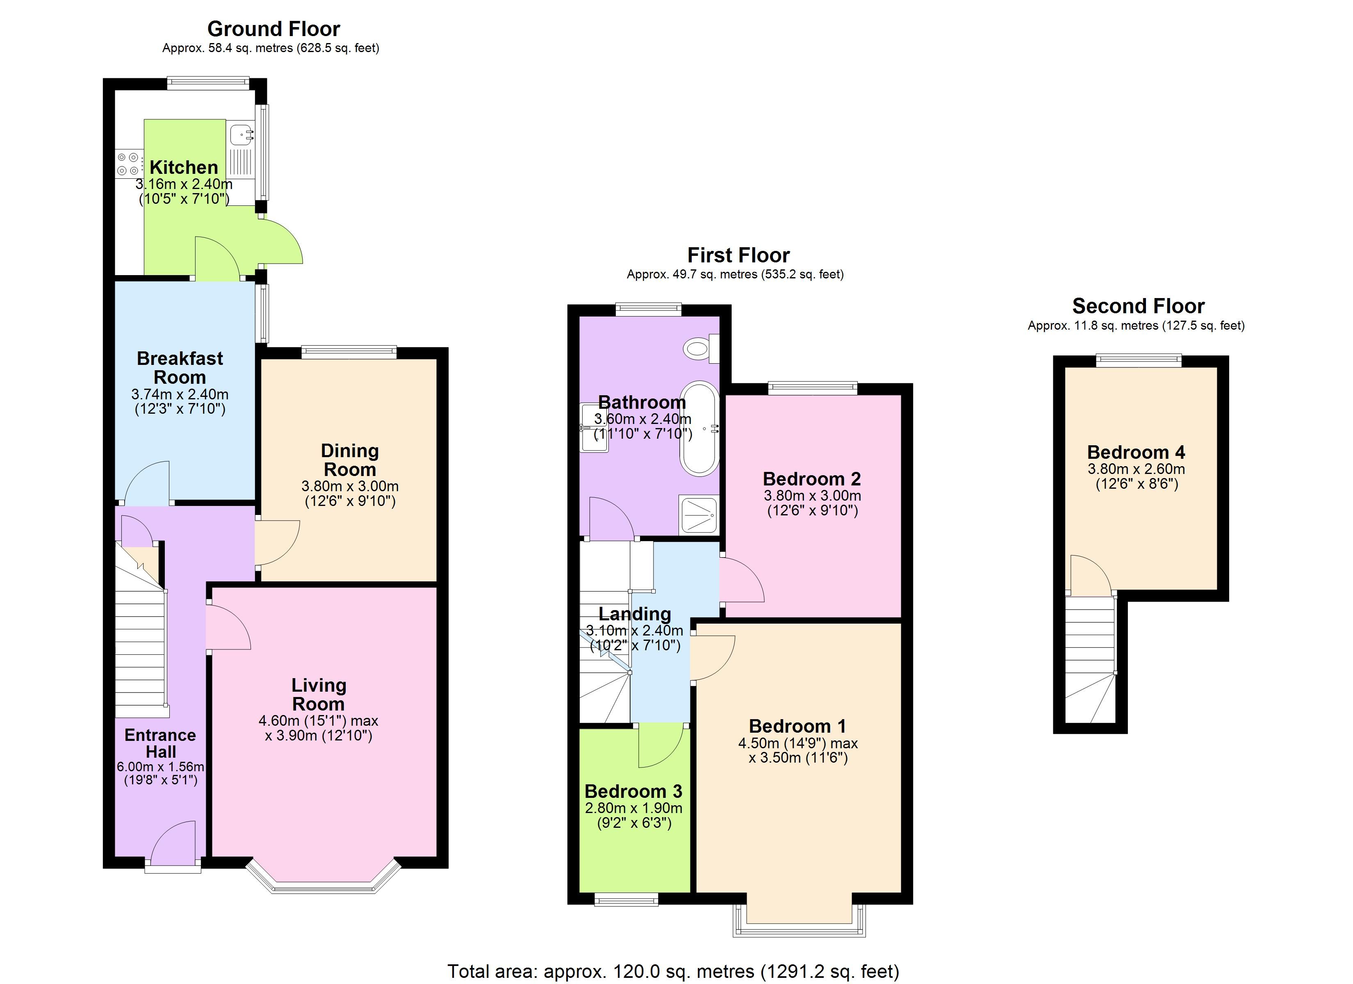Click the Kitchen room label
(184, 167)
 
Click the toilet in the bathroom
(702, 348)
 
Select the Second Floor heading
(1138, 306)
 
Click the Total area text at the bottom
(673, 971)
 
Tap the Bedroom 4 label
(1136, 452)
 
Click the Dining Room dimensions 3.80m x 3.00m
(350, 486)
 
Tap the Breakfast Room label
(180, 368)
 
